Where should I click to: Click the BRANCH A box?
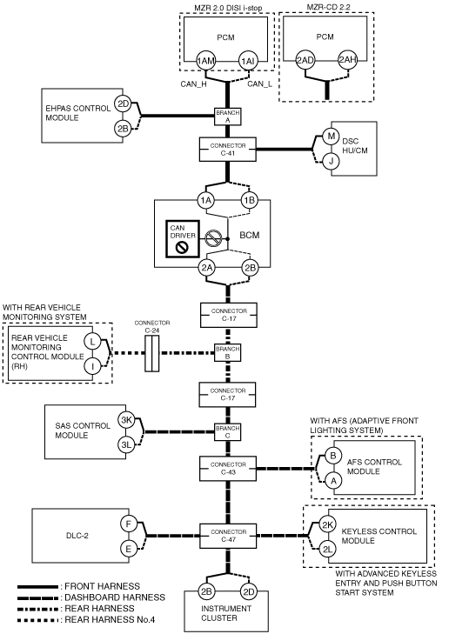point(227,116)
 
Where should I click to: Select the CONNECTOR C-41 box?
point(228,150)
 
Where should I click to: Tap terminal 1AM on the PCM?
point(206,61)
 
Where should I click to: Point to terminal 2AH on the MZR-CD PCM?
point(347,60)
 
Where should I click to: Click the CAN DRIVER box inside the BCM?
point(183,238)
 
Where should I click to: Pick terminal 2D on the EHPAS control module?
point(123,104)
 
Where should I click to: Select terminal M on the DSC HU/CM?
point(331,136)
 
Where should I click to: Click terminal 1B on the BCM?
point(250,200)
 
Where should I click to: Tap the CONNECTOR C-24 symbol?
point(152,353)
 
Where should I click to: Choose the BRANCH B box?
point(227,352)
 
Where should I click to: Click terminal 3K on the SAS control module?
point(127,420)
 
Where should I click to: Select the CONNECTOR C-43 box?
point(228,469)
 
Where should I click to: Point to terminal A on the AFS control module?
point(333,481)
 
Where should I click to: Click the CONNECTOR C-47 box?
point(229,536)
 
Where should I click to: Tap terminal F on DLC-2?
point(129,524)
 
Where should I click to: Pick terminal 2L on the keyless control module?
point(327,549)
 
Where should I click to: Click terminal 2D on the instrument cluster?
point(248,592)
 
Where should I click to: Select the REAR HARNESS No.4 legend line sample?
point(37,620)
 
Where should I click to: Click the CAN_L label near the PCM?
point(259,83)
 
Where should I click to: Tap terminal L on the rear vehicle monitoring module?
point(92,341)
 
